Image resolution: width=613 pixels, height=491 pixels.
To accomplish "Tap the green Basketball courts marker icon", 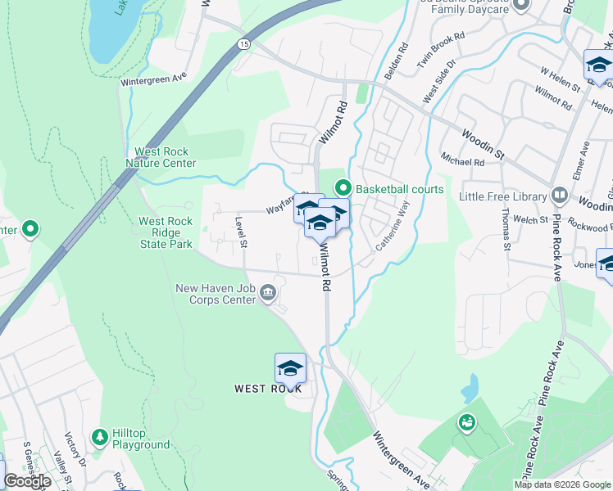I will click(x=344, y=189).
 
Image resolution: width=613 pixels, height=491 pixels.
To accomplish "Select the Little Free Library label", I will click(x=502, y=196).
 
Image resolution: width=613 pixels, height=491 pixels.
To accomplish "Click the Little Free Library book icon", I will click(x=560, y=196).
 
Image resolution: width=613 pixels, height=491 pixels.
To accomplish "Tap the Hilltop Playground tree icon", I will click(x=100, y=437).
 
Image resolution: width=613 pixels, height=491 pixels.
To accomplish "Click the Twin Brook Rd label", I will click(x=441, y=48).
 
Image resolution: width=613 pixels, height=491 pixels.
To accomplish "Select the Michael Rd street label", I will click(x=462, y=158).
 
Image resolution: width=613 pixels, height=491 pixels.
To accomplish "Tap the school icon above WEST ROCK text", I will click(x=290, y=367).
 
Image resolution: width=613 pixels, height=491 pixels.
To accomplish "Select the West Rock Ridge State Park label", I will click(x=165, y=232).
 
